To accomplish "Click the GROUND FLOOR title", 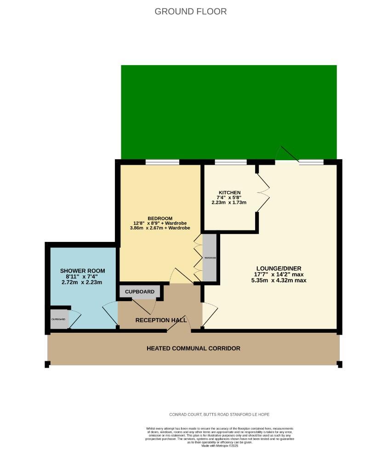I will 190,11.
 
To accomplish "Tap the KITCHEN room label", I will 229,192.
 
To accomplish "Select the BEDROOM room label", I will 160,218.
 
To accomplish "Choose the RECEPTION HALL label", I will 161,320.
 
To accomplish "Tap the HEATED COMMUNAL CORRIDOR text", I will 193,348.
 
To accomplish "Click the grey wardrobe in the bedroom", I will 210,258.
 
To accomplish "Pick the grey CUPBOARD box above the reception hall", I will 140,291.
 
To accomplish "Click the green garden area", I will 228,110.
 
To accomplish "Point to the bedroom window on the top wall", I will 162,162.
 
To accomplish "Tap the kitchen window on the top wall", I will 230,162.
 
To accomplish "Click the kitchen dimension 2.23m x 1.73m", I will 229,202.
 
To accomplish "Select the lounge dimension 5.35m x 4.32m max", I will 279,280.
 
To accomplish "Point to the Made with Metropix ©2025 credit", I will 220,446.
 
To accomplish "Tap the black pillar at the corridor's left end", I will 47,364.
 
